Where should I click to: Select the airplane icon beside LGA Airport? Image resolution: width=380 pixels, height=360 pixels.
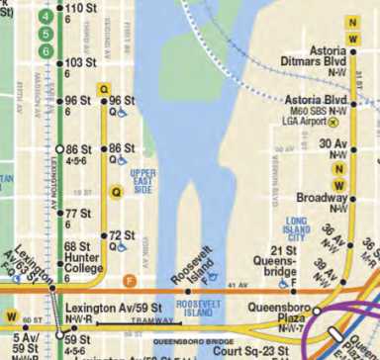point(334,124)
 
